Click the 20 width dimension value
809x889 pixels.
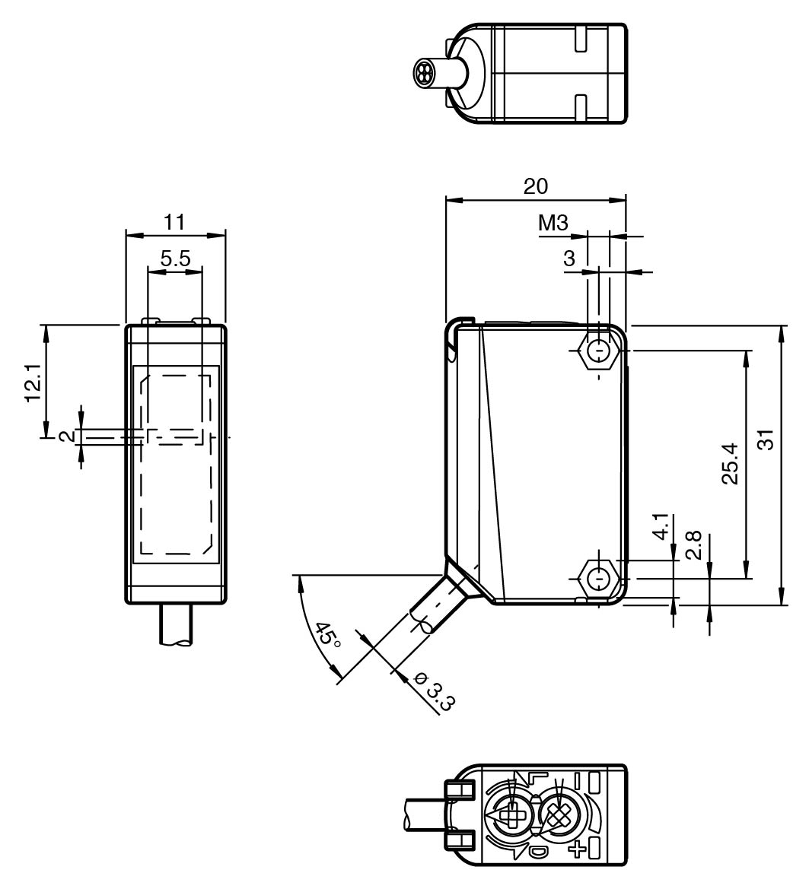(536, 186)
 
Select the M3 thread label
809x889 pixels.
(553, 223)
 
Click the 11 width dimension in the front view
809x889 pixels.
(174, 221)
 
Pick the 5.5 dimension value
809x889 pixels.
(175, 259)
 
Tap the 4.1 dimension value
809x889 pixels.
(663, 527)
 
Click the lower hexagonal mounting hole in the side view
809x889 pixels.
(600, 579)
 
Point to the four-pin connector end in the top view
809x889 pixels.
(423, 71)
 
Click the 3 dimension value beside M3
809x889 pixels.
(569, 259)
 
